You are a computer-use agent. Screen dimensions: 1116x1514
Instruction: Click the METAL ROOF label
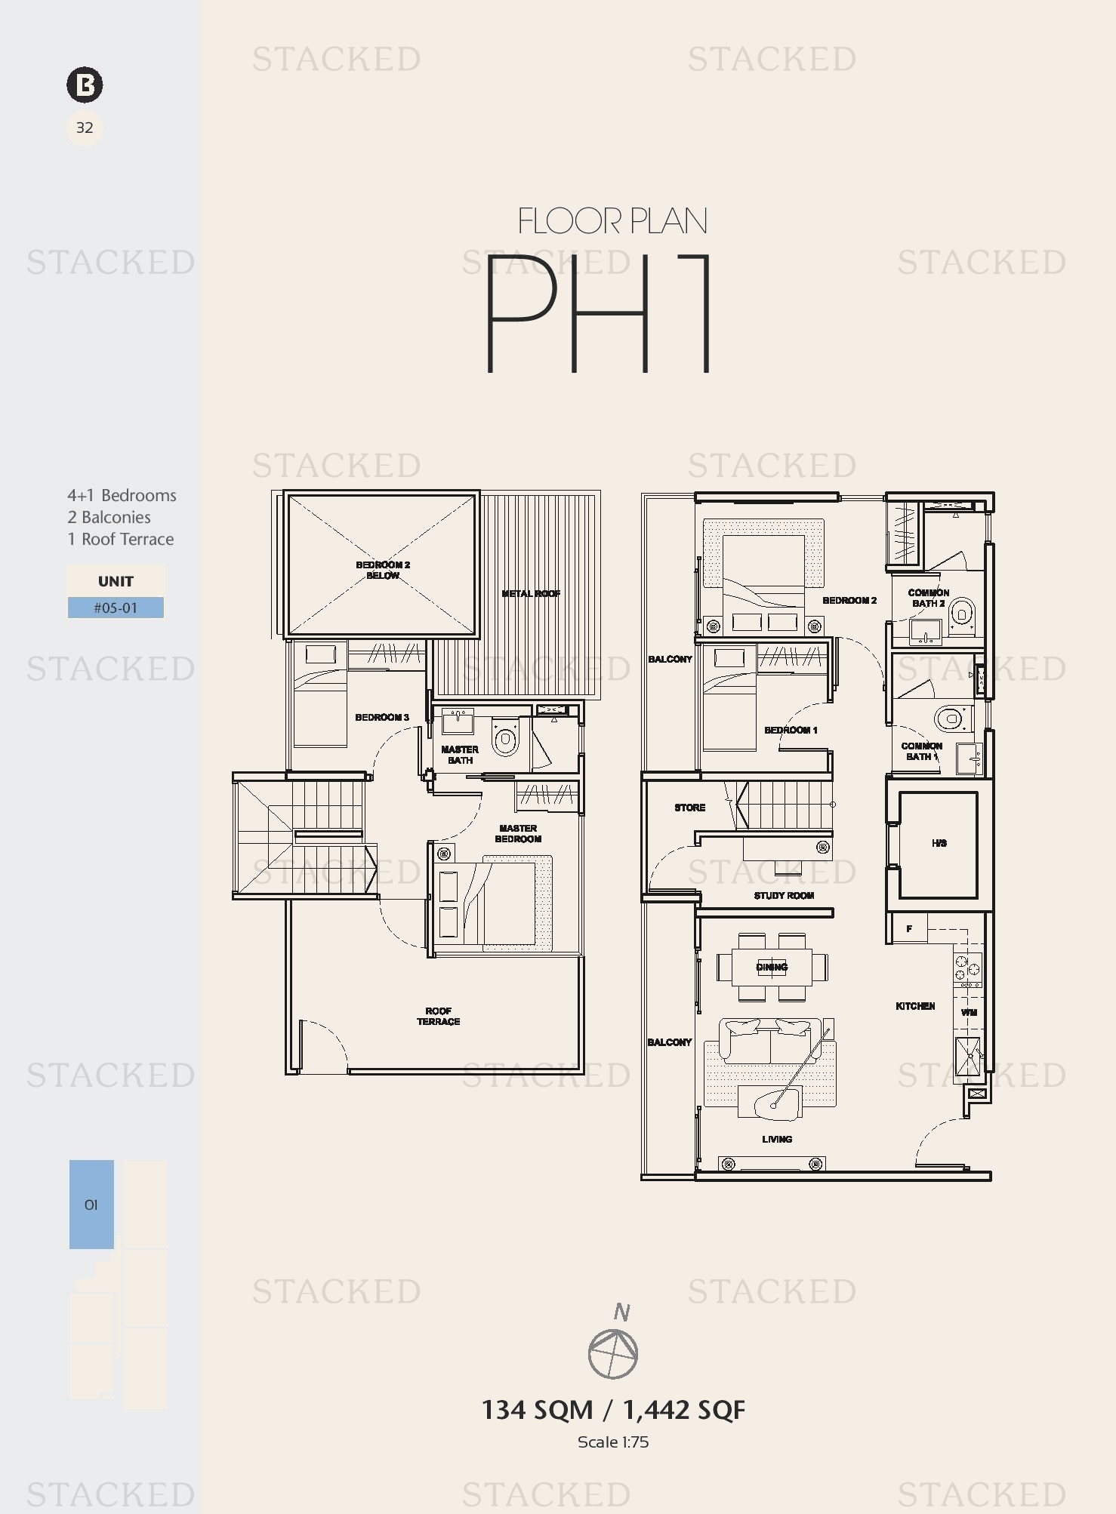[x=531, y=593]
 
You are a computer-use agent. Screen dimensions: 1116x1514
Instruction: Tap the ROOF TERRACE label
[x=438, y=1016]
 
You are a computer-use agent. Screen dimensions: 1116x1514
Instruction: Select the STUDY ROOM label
[x=784, y=895]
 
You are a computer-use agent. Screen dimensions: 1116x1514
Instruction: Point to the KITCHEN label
[x=915, y=1006]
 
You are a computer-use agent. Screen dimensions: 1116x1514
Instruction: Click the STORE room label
[x=690, y=808]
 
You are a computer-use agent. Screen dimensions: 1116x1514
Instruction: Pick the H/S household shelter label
[x=939, y=843]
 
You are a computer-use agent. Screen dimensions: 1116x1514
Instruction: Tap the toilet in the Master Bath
[x=505, y=737]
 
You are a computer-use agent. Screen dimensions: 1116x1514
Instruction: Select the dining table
[x=772, y=967]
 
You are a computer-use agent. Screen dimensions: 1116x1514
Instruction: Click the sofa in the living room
[x=770, y=1039]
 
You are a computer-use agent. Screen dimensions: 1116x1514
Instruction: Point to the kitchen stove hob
[x=968, y=971]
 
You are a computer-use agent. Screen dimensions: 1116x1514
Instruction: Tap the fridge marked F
[x=909, y=928]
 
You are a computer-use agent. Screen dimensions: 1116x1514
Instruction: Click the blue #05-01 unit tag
[x=116, y=608]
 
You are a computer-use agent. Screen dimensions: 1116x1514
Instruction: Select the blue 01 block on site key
[x=91, y=1205]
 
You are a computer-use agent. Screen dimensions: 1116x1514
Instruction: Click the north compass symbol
[x=613, y=1353]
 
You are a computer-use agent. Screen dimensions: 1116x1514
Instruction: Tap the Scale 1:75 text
[x=613, y=1442]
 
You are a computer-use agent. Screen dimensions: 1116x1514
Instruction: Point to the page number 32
[x=85, y=128]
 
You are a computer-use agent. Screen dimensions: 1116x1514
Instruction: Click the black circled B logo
[x=85, y=85]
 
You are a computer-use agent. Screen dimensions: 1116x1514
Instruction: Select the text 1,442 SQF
[x=684, y=1410]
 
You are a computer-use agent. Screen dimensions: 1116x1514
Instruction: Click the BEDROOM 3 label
[x=382, y=717]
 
